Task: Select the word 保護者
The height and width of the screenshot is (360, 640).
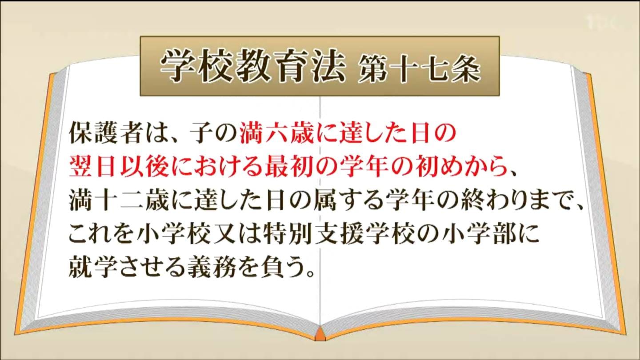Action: pos(105,133)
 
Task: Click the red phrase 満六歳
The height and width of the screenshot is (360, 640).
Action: pos(276,133)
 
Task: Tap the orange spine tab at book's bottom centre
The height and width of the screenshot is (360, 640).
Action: pos(320,334)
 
